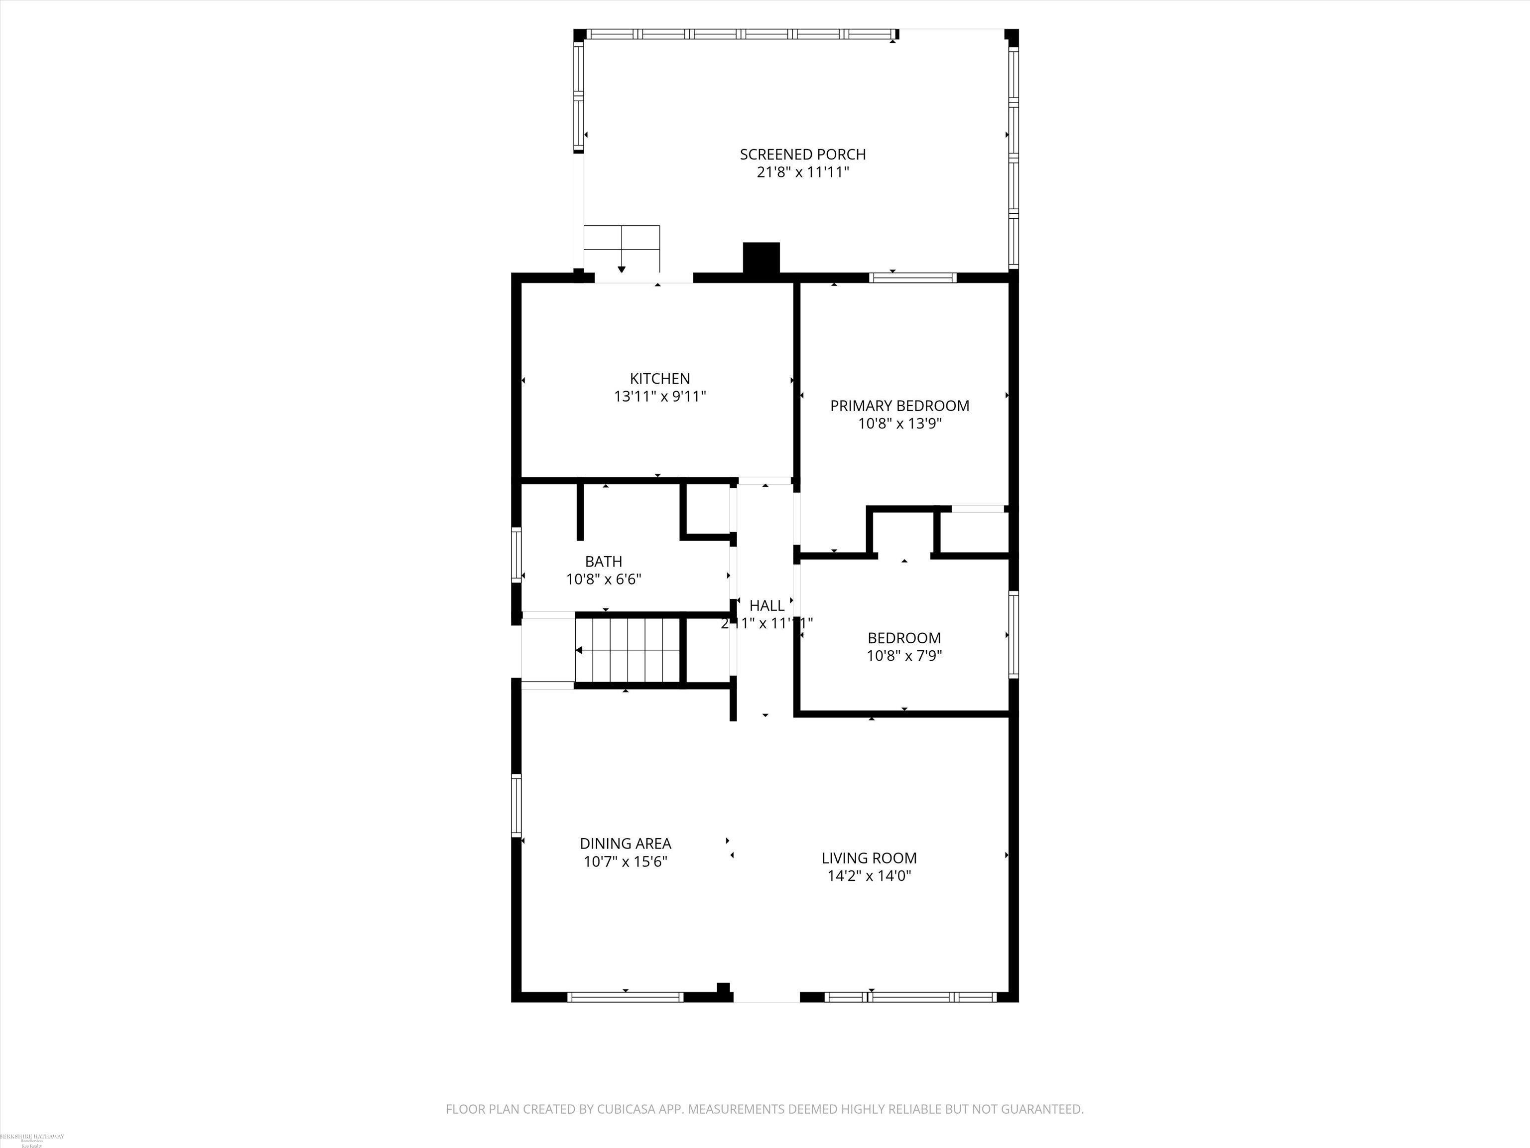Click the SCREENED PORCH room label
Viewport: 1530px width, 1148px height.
(802, 154)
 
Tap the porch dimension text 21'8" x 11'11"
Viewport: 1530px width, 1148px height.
(802, 172)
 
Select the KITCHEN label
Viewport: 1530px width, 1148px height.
(659, 379)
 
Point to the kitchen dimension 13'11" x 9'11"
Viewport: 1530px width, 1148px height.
(659, 397)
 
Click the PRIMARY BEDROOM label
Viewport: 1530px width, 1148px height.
(899, 406)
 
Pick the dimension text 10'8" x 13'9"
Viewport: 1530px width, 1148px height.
(899, 424)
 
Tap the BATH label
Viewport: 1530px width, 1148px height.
(603, 561)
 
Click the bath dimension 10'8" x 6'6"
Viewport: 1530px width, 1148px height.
(603, 579)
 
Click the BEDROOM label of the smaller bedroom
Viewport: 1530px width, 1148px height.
(904, 637)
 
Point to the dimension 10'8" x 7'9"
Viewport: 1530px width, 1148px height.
(904, 655)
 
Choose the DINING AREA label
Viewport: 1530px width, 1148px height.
(625, 844)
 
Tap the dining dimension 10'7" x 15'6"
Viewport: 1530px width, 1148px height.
(625, 861)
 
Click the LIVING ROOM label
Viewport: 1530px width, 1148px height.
(869, 858)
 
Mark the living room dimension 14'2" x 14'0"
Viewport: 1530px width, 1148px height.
(869, 876)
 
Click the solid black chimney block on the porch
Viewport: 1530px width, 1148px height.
(761, 258)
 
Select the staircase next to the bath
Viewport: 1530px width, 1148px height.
(628, 650)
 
